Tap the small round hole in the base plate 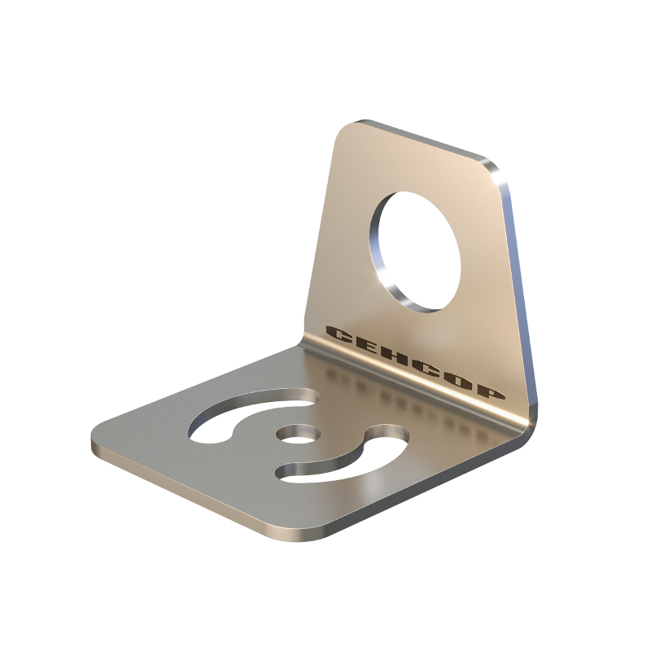click(x=298, y=435)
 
